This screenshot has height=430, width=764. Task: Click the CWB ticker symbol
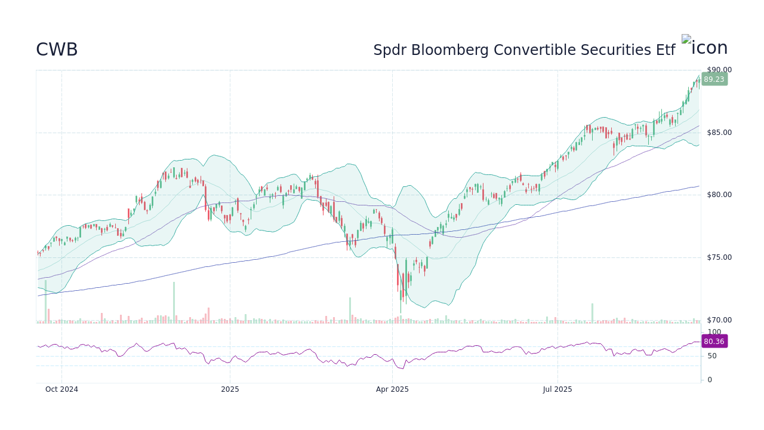click(x=57, y=50)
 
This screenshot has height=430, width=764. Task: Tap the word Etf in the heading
click(x=665, y=50)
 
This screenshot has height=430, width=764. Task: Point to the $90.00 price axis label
click(x=719, y=70)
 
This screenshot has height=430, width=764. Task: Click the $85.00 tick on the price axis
click(x=719, y=133)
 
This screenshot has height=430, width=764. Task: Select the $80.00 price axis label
click(x=719, y=195)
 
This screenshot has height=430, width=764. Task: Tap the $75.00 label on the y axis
click(x=719, y=257)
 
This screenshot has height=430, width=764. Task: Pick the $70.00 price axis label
click(x=719, y=320)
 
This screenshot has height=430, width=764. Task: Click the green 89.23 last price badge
click(x=714, y=79)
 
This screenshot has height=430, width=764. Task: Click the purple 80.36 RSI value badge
click(x=714, y=342)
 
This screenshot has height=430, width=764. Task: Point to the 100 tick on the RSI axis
click(x=714, y=332)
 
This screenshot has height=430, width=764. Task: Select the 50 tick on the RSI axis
click(x=711, y=356)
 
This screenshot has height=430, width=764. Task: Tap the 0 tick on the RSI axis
click(x=709, y=380)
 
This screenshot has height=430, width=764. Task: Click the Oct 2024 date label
click(x=61, y=389)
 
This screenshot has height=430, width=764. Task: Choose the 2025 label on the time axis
click(x=230, y=389)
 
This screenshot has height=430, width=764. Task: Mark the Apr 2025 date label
click(x=392, y=389)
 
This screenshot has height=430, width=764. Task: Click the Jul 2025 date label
click(x=557, y=389)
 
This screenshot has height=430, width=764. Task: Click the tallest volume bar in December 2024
click(x=174, y=303)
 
